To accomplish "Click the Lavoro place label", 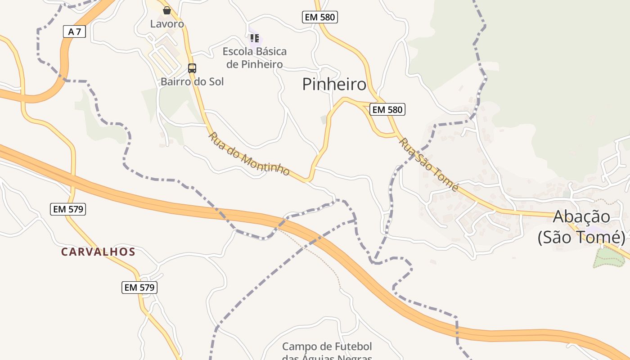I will (167, 24).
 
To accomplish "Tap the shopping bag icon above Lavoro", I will (167, 10).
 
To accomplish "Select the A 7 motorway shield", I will (74, 31).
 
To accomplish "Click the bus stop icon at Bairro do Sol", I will (192, 68).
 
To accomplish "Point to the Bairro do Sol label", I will (192, 81).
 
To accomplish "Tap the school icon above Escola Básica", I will (255, 38).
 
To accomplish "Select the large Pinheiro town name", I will (334, 84).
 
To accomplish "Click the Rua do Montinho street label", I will (249, 154).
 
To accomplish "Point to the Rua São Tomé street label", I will (429, 165).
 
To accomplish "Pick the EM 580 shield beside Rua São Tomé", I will (387, 109).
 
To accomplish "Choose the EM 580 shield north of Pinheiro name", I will (319, 17).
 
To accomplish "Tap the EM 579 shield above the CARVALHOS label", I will (68, 209).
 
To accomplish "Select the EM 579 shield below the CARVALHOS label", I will (139, 287).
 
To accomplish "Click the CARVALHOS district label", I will (98, 252).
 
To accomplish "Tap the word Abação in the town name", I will (581, 216).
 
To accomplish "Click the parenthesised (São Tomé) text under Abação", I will (581, 237).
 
